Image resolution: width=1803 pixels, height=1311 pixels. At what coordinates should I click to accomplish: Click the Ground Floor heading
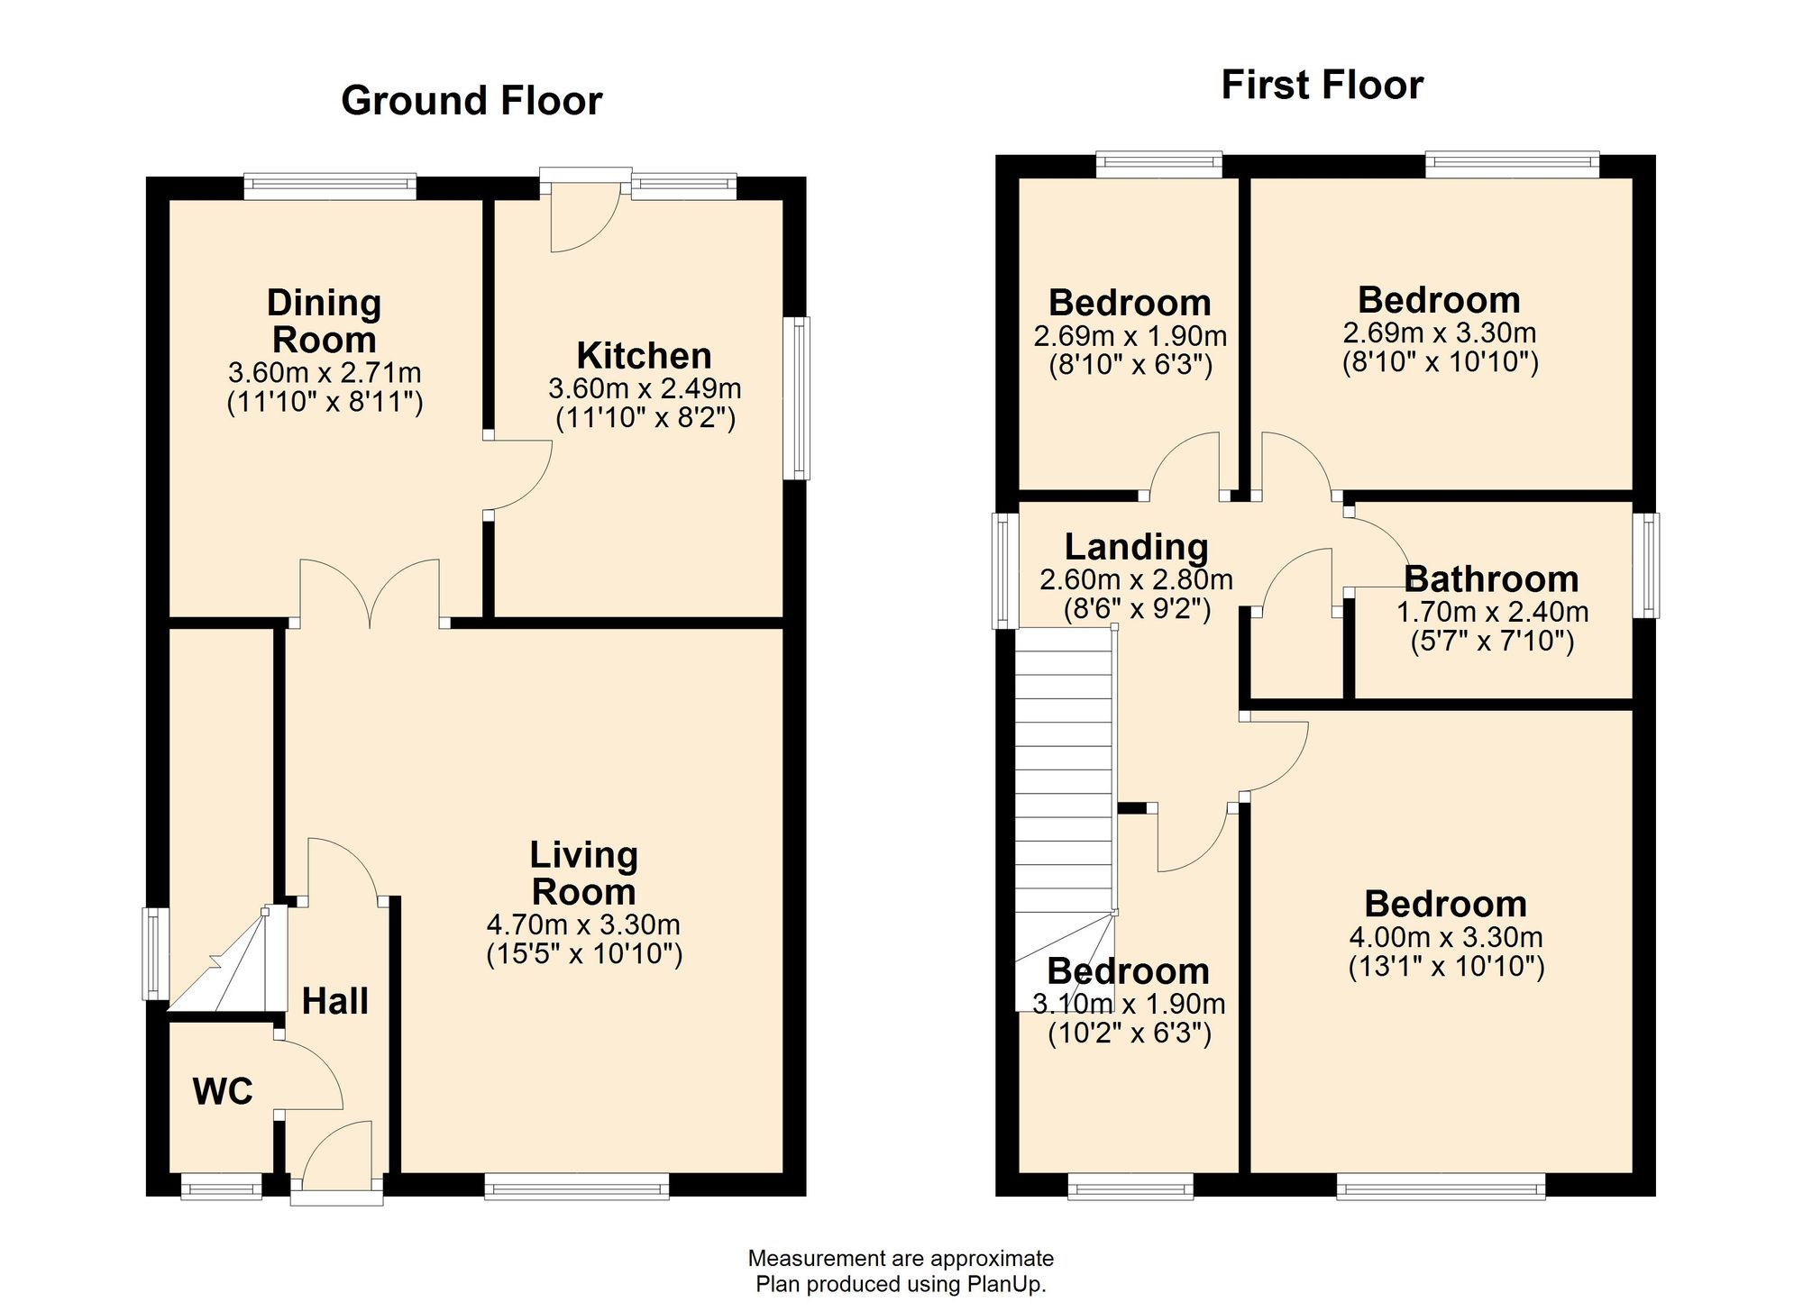point(471,101)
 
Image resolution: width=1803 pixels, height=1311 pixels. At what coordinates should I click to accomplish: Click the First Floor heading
point(1322,86)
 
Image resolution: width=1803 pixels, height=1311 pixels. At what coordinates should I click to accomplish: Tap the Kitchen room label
point(644,356)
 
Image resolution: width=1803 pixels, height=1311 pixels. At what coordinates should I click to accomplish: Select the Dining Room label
point(324,322)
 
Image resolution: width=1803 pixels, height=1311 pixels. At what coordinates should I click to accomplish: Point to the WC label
point(223,1092)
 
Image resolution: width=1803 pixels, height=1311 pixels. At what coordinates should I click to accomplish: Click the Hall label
point(334,1001)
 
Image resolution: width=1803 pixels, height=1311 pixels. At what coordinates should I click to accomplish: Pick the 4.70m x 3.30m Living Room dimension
point(583,924)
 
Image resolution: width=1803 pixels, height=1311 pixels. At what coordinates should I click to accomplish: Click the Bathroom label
point(1491,579)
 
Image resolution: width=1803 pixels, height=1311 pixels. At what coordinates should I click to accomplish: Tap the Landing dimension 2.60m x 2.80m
point(1136,579)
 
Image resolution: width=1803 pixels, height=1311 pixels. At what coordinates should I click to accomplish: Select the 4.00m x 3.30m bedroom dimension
point(1445,937)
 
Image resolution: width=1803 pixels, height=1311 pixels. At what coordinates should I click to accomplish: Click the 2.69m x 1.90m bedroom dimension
point(1130,336)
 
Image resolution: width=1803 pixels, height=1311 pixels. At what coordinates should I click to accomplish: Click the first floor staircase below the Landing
point(1065,793)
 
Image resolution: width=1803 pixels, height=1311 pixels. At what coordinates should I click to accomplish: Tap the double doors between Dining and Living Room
point(370,595)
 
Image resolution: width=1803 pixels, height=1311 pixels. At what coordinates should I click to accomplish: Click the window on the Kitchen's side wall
point(797,397)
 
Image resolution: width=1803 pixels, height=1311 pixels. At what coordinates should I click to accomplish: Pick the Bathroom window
point(1646,565)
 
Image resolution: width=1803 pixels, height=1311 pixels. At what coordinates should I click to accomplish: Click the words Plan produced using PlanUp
point(900,1284)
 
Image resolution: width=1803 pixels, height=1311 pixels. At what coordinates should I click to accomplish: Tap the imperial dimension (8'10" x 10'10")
point(1440,362)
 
